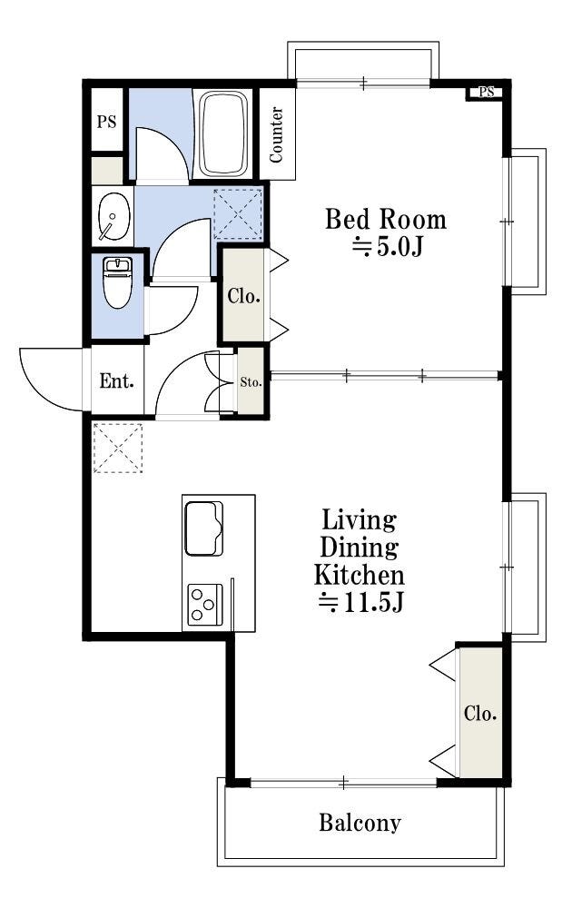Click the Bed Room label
coord(386,220)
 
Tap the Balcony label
coord(360,823)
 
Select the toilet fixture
coord(117,282)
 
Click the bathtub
coord(223,133)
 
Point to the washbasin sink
coord(113,216)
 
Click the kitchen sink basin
coord(203,528)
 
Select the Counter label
coord(277,134)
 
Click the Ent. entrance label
coord(117,381)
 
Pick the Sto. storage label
coord(251,382)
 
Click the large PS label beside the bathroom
coord(106,123)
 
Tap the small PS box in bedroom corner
coord(486,92)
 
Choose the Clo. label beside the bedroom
coord(243,296)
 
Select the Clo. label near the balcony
coord(480,714)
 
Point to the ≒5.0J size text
coord(388,247)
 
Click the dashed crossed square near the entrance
coord(118,448)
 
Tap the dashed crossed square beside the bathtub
coord(238,213)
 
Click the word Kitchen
coord(359,575)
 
